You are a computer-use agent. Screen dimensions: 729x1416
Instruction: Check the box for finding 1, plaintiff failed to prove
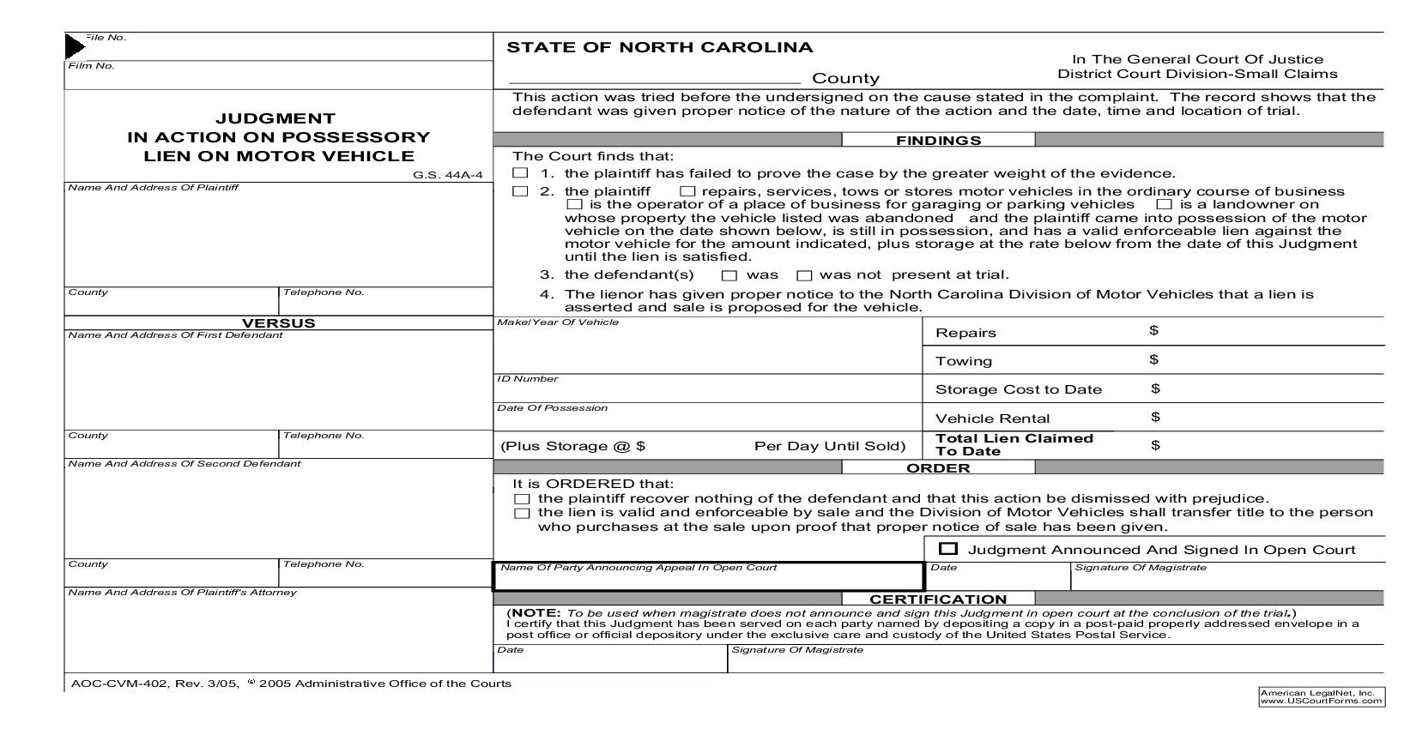520,173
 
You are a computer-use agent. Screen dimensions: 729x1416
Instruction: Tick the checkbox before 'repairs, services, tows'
687,191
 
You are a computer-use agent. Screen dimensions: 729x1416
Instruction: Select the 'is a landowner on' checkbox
1164,204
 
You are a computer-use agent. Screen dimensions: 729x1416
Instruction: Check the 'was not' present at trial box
804,275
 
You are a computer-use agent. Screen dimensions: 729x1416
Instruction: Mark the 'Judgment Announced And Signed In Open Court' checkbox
948,549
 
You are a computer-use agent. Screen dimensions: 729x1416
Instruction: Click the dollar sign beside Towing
1154,359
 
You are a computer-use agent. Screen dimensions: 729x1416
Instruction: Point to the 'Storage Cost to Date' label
1018,389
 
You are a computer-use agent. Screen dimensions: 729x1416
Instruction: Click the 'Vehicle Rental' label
992,419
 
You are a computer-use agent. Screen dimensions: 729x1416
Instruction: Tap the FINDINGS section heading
938,140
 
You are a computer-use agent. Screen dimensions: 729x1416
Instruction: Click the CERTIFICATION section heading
938,599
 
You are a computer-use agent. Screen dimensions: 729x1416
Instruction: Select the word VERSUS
278,323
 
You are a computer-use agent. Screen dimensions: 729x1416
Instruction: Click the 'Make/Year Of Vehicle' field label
558,322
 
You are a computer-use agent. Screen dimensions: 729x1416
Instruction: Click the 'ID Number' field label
527,379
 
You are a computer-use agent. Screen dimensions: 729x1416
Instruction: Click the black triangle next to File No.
74,46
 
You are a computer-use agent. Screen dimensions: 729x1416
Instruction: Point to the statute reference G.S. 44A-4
447,175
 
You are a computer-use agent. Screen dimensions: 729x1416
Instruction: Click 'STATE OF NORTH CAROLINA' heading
660,47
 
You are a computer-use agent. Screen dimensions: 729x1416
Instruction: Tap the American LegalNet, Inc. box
1321,696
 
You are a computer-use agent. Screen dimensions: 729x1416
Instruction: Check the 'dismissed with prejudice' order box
522,499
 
